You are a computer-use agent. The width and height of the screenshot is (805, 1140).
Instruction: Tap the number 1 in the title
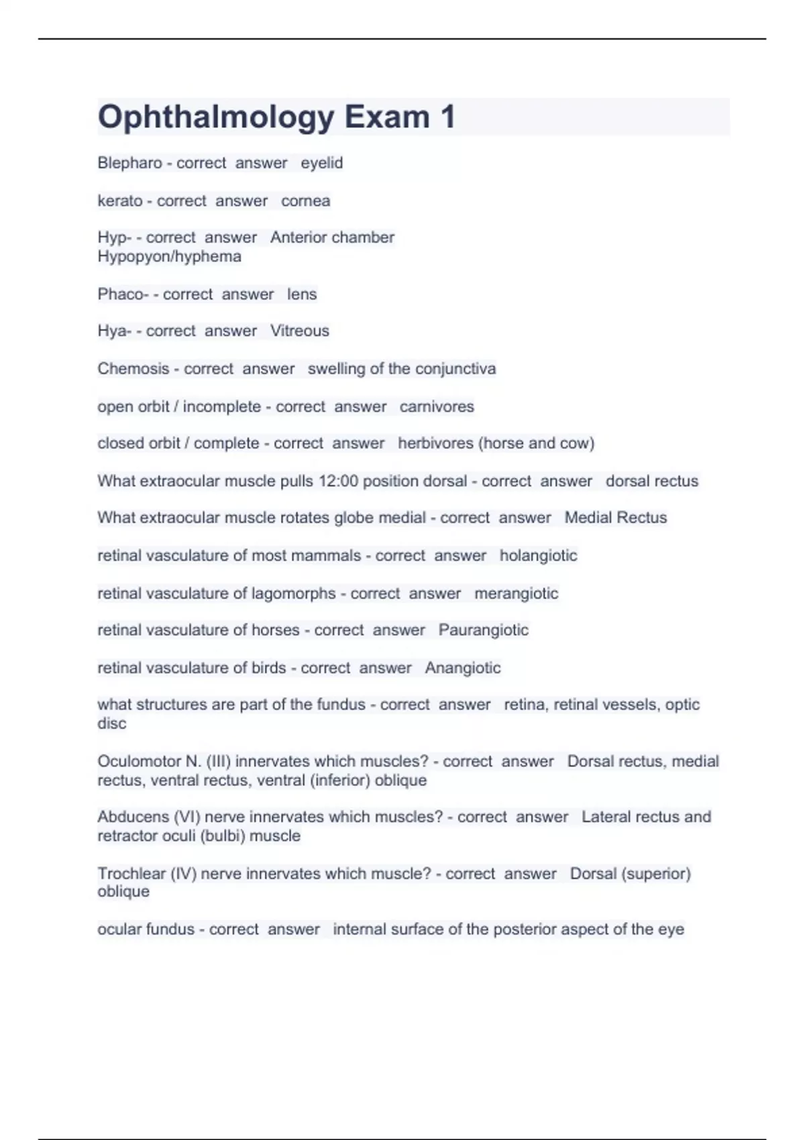(448, 117)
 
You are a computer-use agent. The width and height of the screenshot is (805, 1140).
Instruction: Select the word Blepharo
(129, 163)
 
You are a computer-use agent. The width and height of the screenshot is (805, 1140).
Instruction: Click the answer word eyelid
(321, 163)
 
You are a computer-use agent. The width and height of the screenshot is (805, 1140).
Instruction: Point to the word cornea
(305, 201)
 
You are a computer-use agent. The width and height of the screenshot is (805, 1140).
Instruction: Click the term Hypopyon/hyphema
(169, 257)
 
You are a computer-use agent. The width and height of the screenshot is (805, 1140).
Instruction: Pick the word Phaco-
(123, 294)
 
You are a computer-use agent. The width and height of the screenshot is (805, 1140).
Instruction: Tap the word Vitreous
(299, 331)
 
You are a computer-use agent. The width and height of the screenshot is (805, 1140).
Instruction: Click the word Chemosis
(133, 369)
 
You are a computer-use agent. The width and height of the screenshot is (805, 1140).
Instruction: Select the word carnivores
(437, 407)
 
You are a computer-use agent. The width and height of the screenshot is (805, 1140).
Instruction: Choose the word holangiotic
(538, 556)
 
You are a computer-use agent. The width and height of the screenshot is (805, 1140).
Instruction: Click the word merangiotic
(516, 594)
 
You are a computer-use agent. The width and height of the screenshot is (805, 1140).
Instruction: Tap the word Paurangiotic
(483, 630)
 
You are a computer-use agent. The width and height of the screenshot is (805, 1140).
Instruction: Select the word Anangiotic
(462, 669)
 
